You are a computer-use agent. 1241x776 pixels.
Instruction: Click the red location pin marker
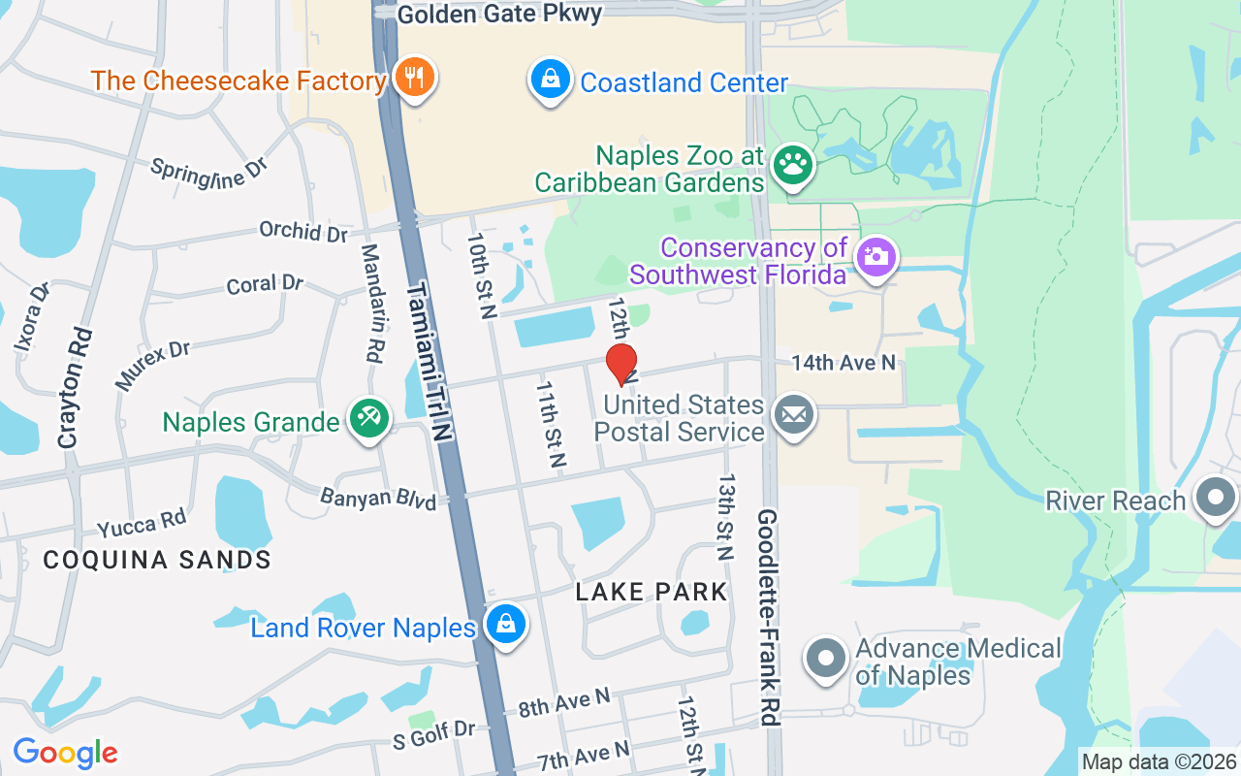pos(620,365)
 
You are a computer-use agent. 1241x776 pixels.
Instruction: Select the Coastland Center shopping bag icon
pos(550,80)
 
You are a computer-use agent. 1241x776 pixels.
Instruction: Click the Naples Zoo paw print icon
pos(793,166)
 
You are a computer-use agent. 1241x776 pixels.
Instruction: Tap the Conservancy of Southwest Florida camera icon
pos(876,256)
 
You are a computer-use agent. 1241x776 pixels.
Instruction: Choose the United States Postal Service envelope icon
pos(794,416)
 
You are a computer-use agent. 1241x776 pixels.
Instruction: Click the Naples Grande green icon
pos(368,419)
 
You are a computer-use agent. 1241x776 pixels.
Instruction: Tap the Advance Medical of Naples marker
pos(826,659)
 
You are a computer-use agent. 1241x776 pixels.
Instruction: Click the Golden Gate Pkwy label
pos(500,14)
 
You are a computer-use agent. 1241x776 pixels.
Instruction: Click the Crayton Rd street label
pos(75,388)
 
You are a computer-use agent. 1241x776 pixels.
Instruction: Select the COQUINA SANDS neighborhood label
pos(157,560)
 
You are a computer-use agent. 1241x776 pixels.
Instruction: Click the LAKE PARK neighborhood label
pos(652,592)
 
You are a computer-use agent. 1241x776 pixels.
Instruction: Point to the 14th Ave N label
pos(843,363)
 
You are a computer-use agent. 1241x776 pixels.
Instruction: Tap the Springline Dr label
pos(208,168)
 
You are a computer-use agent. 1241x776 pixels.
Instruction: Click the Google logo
pos(65,753)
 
